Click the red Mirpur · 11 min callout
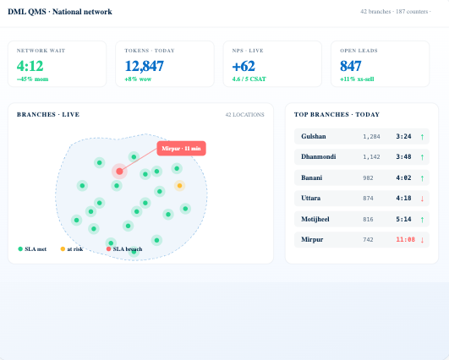tap(181, 148)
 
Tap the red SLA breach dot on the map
tap(119, 172)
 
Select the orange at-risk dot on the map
tap(179, 186)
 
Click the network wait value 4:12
tap(30, 66)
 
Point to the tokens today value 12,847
tap(145, 66)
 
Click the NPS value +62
tap(244, 66)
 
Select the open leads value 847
tap(351, 66)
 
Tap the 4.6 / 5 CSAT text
tap(249, 79)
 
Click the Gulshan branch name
tap(314, 136)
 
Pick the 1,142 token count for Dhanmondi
tap(371, 157)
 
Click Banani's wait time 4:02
tap(403, 177)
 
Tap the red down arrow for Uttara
tap(423, 199)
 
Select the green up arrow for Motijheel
tap(423, 220)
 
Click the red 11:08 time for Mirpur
tap(406, 239)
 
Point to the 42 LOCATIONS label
tap(245, 115)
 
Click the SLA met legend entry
tap(32, 249)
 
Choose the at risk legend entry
tap(72, 249)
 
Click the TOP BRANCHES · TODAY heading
tap(337, 114)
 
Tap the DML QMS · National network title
tap(60, 12)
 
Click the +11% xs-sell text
tap(357, 79)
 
